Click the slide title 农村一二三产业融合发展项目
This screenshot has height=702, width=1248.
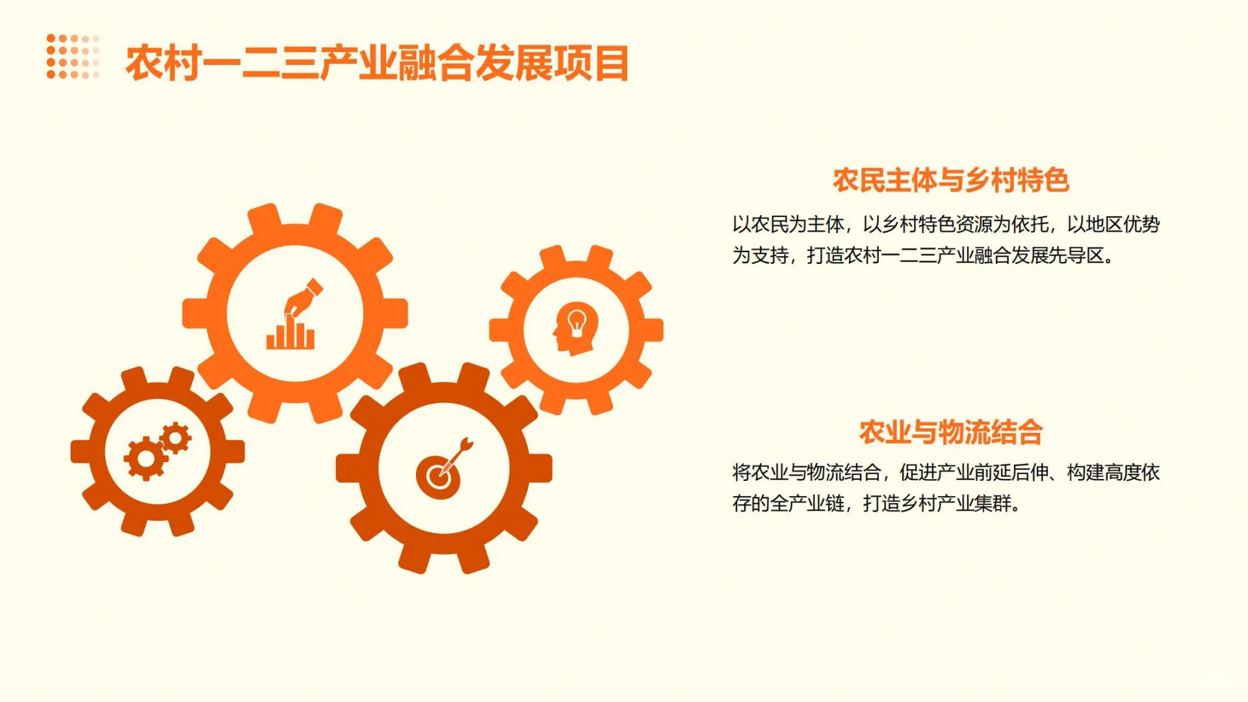tap(377, 64)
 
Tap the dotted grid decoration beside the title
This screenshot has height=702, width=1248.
tap(73, 57)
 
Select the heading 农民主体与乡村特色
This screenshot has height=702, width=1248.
tap(950, 180)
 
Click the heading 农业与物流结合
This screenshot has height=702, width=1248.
tap(950, 432)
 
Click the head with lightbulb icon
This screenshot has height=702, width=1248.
tap(576, 328)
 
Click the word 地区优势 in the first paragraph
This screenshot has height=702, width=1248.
tap(1123, 224)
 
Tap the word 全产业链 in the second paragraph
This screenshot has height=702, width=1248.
tap(807, 503)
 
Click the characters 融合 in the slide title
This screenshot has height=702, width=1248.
tap(435, 64)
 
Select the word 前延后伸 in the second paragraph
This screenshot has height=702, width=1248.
tap(1011, 473)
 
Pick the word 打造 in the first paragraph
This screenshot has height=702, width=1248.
tap(825, 255)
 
